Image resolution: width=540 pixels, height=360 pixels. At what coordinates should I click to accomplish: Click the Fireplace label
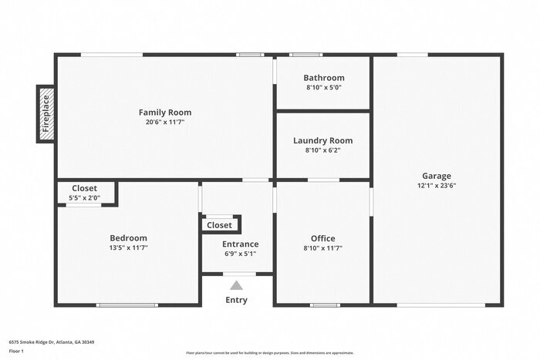click(x=46, y=114)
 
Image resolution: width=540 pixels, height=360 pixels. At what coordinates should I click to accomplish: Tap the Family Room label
click(x=165, y=113)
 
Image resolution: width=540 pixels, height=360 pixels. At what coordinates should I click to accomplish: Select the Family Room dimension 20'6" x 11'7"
click(x=165, y=122)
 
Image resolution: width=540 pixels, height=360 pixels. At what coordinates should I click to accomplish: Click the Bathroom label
click(x=324, y=78)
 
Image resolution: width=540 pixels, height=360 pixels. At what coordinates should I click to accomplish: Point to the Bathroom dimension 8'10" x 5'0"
click(x=324, y=87)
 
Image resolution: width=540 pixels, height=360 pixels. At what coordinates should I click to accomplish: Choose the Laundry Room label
click(x=323, y=140)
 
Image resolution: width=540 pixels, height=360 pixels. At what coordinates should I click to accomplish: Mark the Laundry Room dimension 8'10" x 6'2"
click(x=323, y=150)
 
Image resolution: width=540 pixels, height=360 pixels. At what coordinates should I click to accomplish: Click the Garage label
click(x=437, y=176)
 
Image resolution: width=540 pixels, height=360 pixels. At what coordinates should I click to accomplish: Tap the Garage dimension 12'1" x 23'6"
click(x=437, y=185)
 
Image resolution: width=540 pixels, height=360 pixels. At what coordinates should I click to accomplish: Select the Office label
click(x=323, y=238)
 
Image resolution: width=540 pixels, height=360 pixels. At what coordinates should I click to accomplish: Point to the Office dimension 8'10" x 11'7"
click(x=323, y=248)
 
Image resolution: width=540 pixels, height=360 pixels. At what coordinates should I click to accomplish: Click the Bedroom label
click(x=128, y=238)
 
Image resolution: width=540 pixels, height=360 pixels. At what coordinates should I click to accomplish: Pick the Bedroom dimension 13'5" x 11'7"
click(x=128, y=248)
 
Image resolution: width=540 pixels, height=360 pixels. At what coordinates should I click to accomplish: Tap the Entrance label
click(x=241, y=244)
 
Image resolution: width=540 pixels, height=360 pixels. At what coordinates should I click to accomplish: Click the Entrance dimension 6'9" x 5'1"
click(x=241, y=254)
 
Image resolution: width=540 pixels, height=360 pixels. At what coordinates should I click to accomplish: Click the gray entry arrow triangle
click(x=236, y=285)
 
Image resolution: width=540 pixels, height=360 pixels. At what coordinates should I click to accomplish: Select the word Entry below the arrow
click(x=236, y=300)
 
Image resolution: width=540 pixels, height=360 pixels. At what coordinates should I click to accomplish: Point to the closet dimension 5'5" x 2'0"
click(x=84, y=198)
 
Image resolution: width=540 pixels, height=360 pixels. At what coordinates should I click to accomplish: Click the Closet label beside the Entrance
click(x=219, y=225)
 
